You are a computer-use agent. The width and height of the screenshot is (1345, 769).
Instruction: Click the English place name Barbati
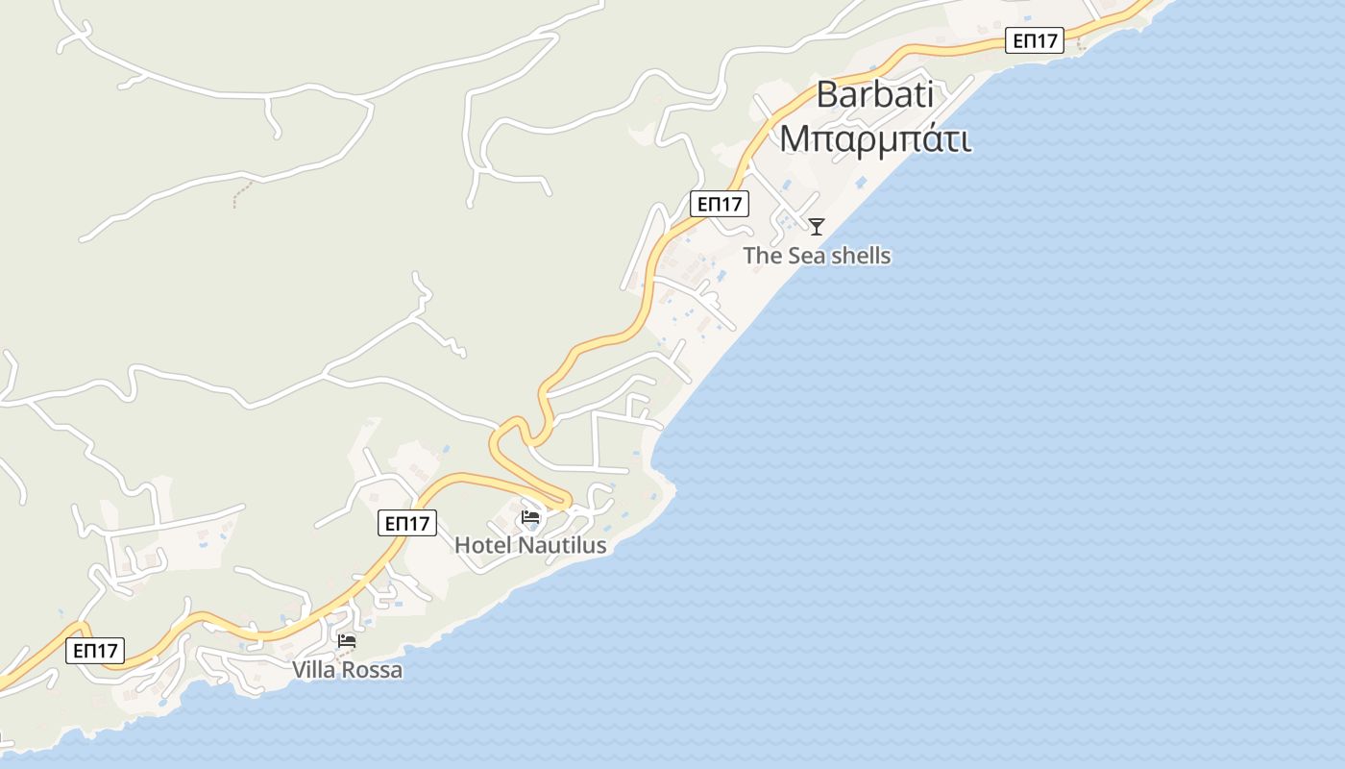(874, 95)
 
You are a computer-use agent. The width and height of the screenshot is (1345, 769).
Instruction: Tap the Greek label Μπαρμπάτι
(874, 137)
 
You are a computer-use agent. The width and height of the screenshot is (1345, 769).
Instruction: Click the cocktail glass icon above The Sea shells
(817, 227)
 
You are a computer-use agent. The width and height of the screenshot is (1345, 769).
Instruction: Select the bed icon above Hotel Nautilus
(529, 518)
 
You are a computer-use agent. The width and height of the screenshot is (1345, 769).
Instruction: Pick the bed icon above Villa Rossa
(347, 641)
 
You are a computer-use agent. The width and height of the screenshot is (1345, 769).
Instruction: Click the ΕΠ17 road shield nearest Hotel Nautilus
(407, 523)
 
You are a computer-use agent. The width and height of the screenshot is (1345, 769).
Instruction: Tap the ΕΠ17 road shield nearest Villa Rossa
(96, 650)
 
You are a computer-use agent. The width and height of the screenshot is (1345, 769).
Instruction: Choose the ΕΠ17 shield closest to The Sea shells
(720, 203)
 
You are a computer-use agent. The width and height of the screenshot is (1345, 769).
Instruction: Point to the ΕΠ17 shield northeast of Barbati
(1035, 40)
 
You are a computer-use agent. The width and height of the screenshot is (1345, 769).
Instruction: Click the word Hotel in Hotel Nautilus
(483, 545)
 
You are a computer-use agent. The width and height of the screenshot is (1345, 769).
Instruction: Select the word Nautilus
(562, 545)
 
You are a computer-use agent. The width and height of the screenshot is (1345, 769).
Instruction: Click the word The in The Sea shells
(763, 256)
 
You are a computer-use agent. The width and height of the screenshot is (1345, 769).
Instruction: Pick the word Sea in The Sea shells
(806, 256)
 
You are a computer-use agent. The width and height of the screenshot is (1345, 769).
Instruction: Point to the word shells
(860, 256)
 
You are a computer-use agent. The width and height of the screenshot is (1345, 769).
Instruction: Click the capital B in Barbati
(828, 95)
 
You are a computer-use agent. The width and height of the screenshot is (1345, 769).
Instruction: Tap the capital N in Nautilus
(526, 545)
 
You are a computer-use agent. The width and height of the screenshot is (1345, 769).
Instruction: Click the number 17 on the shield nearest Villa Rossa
(108, 650)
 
